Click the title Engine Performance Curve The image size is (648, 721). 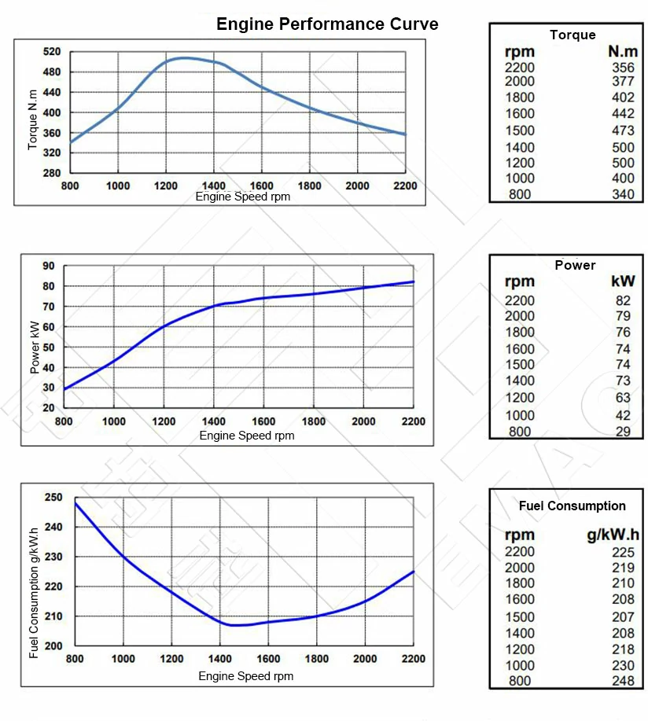[x=327, y=24]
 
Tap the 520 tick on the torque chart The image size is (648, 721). [x=52, y=52]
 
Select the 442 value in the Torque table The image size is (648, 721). [x=623, y=114]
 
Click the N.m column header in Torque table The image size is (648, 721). [x=621, y=52]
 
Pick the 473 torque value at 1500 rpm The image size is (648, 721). [x=623, y=131]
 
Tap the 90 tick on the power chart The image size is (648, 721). [x=49, y=266]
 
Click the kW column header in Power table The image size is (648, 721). [x=623, y=281]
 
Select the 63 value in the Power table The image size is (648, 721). [x=623, y=398]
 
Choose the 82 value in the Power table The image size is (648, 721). [x=623, y=300]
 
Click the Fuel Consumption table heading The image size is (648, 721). [x=573, y=506]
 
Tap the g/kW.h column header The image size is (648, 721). [x=613, y=536]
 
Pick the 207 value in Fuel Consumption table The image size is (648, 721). [x=623, y=616]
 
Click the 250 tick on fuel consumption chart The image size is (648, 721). [x=53, y=498]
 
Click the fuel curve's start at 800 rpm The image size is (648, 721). [x=75, y=502]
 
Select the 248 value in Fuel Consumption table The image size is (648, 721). [x=623, y=681]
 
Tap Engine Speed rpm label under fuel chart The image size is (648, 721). [x=246, y=676]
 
